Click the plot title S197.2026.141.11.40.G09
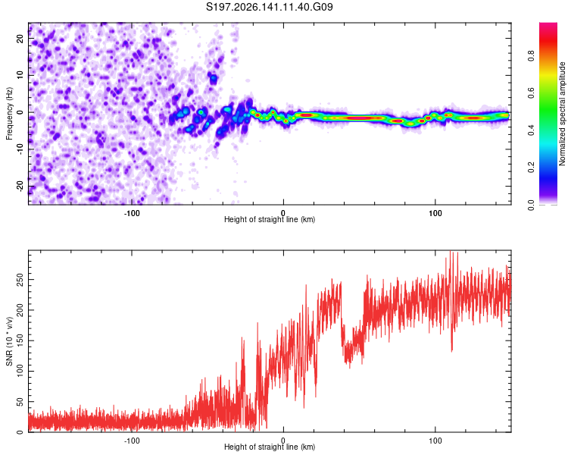(269, 7)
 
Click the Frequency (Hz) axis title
(9, 114)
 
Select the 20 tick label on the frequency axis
(20, 38)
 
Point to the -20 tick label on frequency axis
(20, 187)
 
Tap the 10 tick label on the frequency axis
(20, 75)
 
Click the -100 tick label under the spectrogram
(132, 213)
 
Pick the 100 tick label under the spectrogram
(435, 213)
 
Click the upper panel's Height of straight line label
(270, 219)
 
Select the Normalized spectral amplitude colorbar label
(562, 114)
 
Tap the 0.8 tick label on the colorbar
(531, 56)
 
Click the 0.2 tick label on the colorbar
(531, 168)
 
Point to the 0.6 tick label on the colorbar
(531, 93)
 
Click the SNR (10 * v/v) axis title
(9, 341)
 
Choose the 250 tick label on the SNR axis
(20, 280)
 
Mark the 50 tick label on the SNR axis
(20, 402)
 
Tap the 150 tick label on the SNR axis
(20, 340)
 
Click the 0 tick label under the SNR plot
(283, 441)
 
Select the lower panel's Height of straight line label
(270, 447)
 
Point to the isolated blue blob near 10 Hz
(214, 78)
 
